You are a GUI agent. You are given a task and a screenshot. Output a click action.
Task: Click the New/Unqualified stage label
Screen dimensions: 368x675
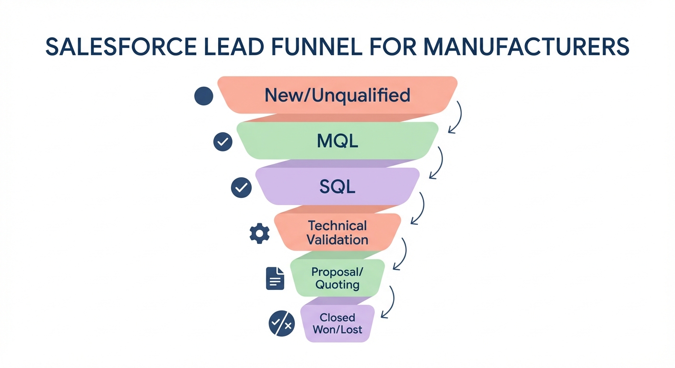coord(337,95)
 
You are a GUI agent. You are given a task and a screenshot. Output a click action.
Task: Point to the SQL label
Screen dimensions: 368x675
coord(337,186)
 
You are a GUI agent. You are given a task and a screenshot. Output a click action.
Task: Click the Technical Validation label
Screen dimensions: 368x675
coord(337,232)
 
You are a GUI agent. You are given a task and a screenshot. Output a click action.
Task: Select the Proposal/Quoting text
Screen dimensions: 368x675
coord(337,278)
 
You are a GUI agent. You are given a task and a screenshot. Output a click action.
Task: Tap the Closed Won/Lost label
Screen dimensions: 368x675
coord(337,323)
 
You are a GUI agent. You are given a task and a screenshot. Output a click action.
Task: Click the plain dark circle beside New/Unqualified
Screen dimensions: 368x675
coord(203,96)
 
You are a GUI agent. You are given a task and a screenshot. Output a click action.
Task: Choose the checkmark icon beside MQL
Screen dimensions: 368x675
coord(222,142)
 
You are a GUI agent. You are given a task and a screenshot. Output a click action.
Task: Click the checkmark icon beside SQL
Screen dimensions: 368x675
coord(241,187)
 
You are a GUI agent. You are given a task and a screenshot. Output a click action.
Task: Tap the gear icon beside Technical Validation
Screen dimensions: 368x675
coord(260,233)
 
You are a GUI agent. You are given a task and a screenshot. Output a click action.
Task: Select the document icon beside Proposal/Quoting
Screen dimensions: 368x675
coord(275,278)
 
